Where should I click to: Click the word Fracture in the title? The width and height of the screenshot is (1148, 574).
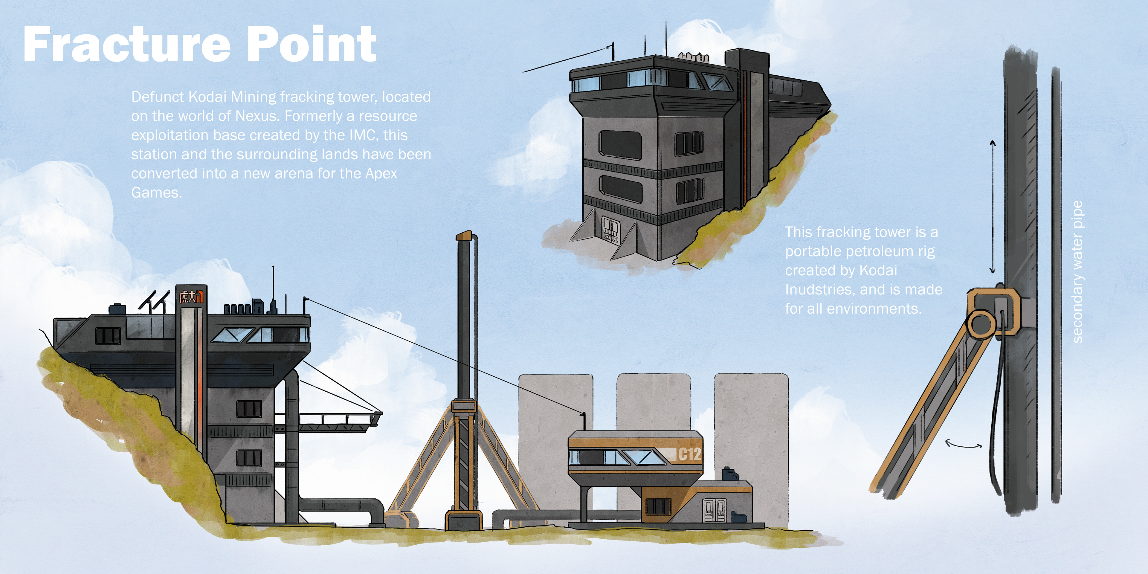(127, 45)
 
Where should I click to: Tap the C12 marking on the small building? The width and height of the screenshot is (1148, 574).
(689, 454)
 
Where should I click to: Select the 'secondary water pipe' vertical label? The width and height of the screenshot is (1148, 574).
(1077, 272)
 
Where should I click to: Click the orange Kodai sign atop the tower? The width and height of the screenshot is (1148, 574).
(191, 296)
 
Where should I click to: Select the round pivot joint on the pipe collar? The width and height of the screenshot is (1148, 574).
(981, 323)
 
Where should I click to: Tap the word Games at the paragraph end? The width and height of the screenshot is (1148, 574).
(156, 193)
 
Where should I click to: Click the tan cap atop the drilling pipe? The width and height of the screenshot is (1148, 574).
(464, 235)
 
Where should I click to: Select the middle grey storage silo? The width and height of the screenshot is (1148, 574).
(653, 401)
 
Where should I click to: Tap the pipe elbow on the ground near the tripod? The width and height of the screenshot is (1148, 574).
(374, 508)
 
